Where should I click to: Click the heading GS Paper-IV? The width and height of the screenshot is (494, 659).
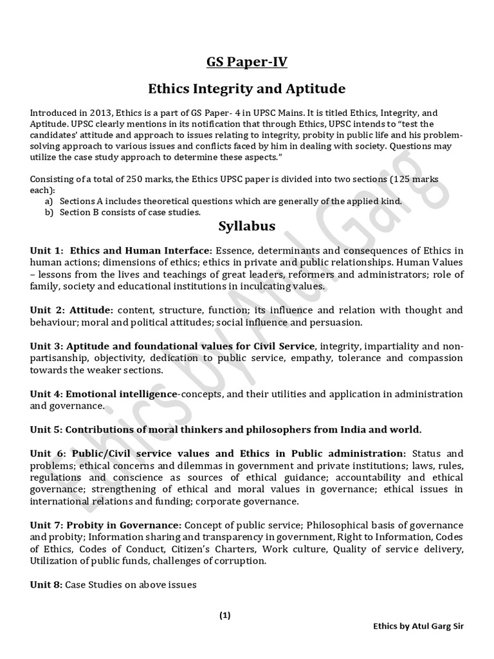click(x=247, y=62)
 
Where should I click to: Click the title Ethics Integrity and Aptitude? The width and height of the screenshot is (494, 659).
click(x=247, y=88)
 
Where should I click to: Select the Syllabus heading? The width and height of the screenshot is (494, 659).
click(x=247, y=226)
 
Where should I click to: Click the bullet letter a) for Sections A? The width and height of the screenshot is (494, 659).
click(x=49, y=201)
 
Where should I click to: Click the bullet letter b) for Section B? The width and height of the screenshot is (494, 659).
click(x=49, y=212)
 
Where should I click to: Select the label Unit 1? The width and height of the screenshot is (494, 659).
click(x=47, y=250)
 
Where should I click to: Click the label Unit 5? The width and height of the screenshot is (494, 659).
click(x=46, y=429)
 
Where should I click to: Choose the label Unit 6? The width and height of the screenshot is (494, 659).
click(x=47, y=453)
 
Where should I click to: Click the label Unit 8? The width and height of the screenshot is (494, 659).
click(x=46, y=584)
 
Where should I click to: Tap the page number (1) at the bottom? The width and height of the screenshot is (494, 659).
click(x=224, y=615)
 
